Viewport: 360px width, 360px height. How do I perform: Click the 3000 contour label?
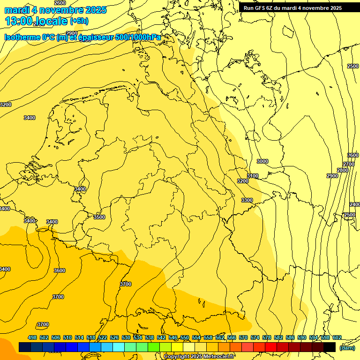[262, 161]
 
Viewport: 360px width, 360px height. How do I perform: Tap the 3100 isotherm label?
[253, 176]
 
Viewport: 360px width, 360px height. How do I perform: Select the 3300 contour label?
[247, 200]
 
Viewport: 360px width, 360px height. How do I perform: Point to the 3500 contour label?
[99, 217]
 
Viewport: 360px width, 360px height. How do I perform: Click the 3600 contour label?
[60, 270]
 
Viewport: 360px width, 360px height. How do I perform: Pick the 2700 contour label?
[349, 164]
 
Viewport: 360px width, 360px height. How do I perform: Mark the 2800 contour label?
[343, 170]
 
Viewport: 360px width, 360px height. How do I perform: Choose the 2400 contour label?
[355, 204]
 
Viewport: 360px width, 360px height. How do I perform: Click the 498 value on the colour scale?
[32, 337]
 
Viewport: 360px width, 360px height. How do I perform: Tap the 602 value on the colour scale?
[337, 337]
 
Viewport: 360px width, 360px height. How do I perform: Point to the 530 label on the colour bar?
[126, 337]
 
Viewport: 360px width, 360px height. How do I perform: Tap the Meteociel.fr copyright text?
[199, 356]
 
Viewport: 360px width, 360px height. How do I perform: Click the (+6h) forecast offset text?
[79, 21]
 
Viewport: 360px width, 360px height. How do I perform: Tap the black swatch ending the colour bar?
[330, 347]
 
